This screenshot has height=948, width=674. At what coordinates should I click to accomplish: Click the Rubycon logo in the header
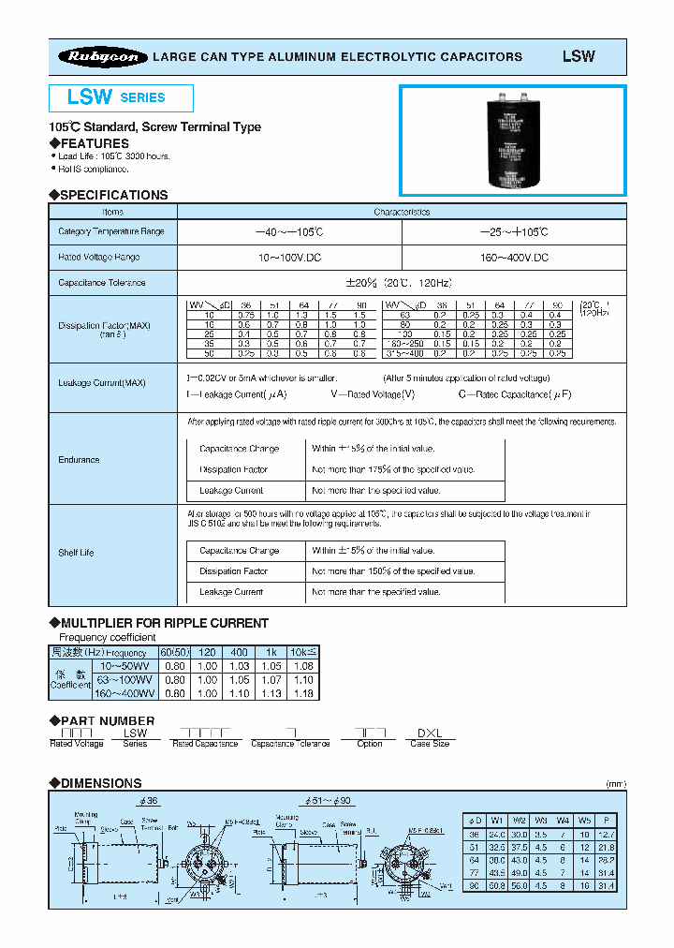click(104, 57)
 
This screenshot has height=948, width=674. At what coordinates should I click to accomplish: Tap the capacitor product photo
click(513, 141)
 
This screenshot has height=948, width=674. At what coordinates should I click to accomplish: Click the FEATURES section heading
click(94, 143)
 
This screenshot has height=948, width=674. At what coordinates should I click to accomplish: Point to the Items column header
click(112, 212)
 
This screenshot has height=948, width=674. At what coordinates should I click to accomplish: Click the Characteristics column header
click(402, 212)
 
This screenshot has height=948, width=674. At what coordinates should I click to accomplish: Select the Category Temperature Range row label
click(111, 231)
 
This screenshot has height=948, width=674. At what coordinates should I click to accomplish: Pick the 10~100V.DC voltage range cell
click(289, 257)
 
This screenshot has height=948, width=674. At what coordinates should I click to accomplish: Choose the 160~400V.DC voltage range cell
click(514, 257)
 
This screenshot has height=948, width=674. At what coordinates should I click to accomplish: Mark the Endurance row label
click(79, 460)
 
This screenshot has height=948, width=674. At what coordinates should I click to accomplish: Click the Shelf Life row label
click(76, 553)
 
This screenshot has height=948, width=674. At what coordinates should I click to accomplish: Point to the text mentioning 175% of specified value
click(393, 469)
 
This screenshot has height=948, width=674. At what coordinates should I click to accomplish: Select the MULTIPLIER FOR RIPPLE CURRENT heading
click(164, 623)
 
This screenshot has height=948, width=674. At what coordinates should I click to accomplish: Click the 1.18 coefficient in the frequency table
click(303, 694)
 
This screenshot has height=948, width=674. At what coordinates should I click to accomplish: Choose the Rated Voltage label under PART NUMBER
click(76, 744)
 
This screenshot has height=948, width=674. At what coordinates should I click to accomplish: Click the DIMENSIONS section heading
click(100, 783)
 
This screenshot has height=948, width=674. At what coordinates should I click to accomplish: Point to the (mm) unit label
click(615, 784)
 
